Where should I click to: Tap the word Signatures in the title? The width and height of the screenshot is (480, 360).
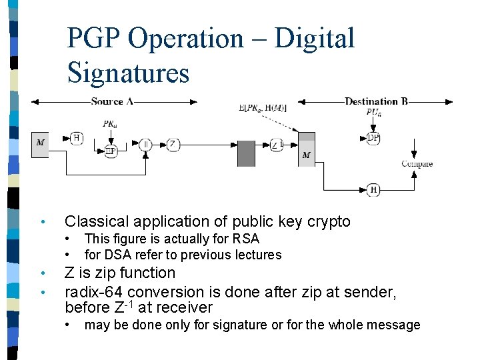128,73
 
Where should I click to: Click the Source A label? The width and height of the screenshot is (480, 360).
112,101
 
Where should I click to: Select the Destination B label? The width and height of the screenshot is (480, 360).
376,101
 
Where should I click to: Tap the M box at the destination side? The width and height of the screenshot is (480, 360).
306,153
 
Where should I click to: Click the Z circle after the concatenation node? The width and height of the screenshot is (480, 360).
173,144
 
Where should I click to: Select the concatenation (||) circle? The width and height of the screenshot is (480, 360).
146,144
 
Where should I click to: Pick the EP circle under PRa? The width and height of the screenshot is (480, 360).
111,151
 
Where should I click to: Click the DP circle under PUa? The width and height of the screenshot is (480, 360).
373,138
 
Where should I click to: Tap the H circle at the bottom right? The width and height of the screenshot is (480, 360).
373,190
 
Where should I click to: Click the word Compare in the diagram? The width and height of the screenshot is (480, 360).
417,164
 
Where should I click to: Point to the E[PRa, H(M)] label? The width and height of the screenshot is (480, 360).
262,108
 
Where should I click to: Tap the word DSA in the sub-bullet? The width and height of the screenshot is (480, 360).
116,255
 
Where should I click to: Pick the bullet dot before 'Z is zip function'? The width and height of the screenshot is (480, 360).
42,273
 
